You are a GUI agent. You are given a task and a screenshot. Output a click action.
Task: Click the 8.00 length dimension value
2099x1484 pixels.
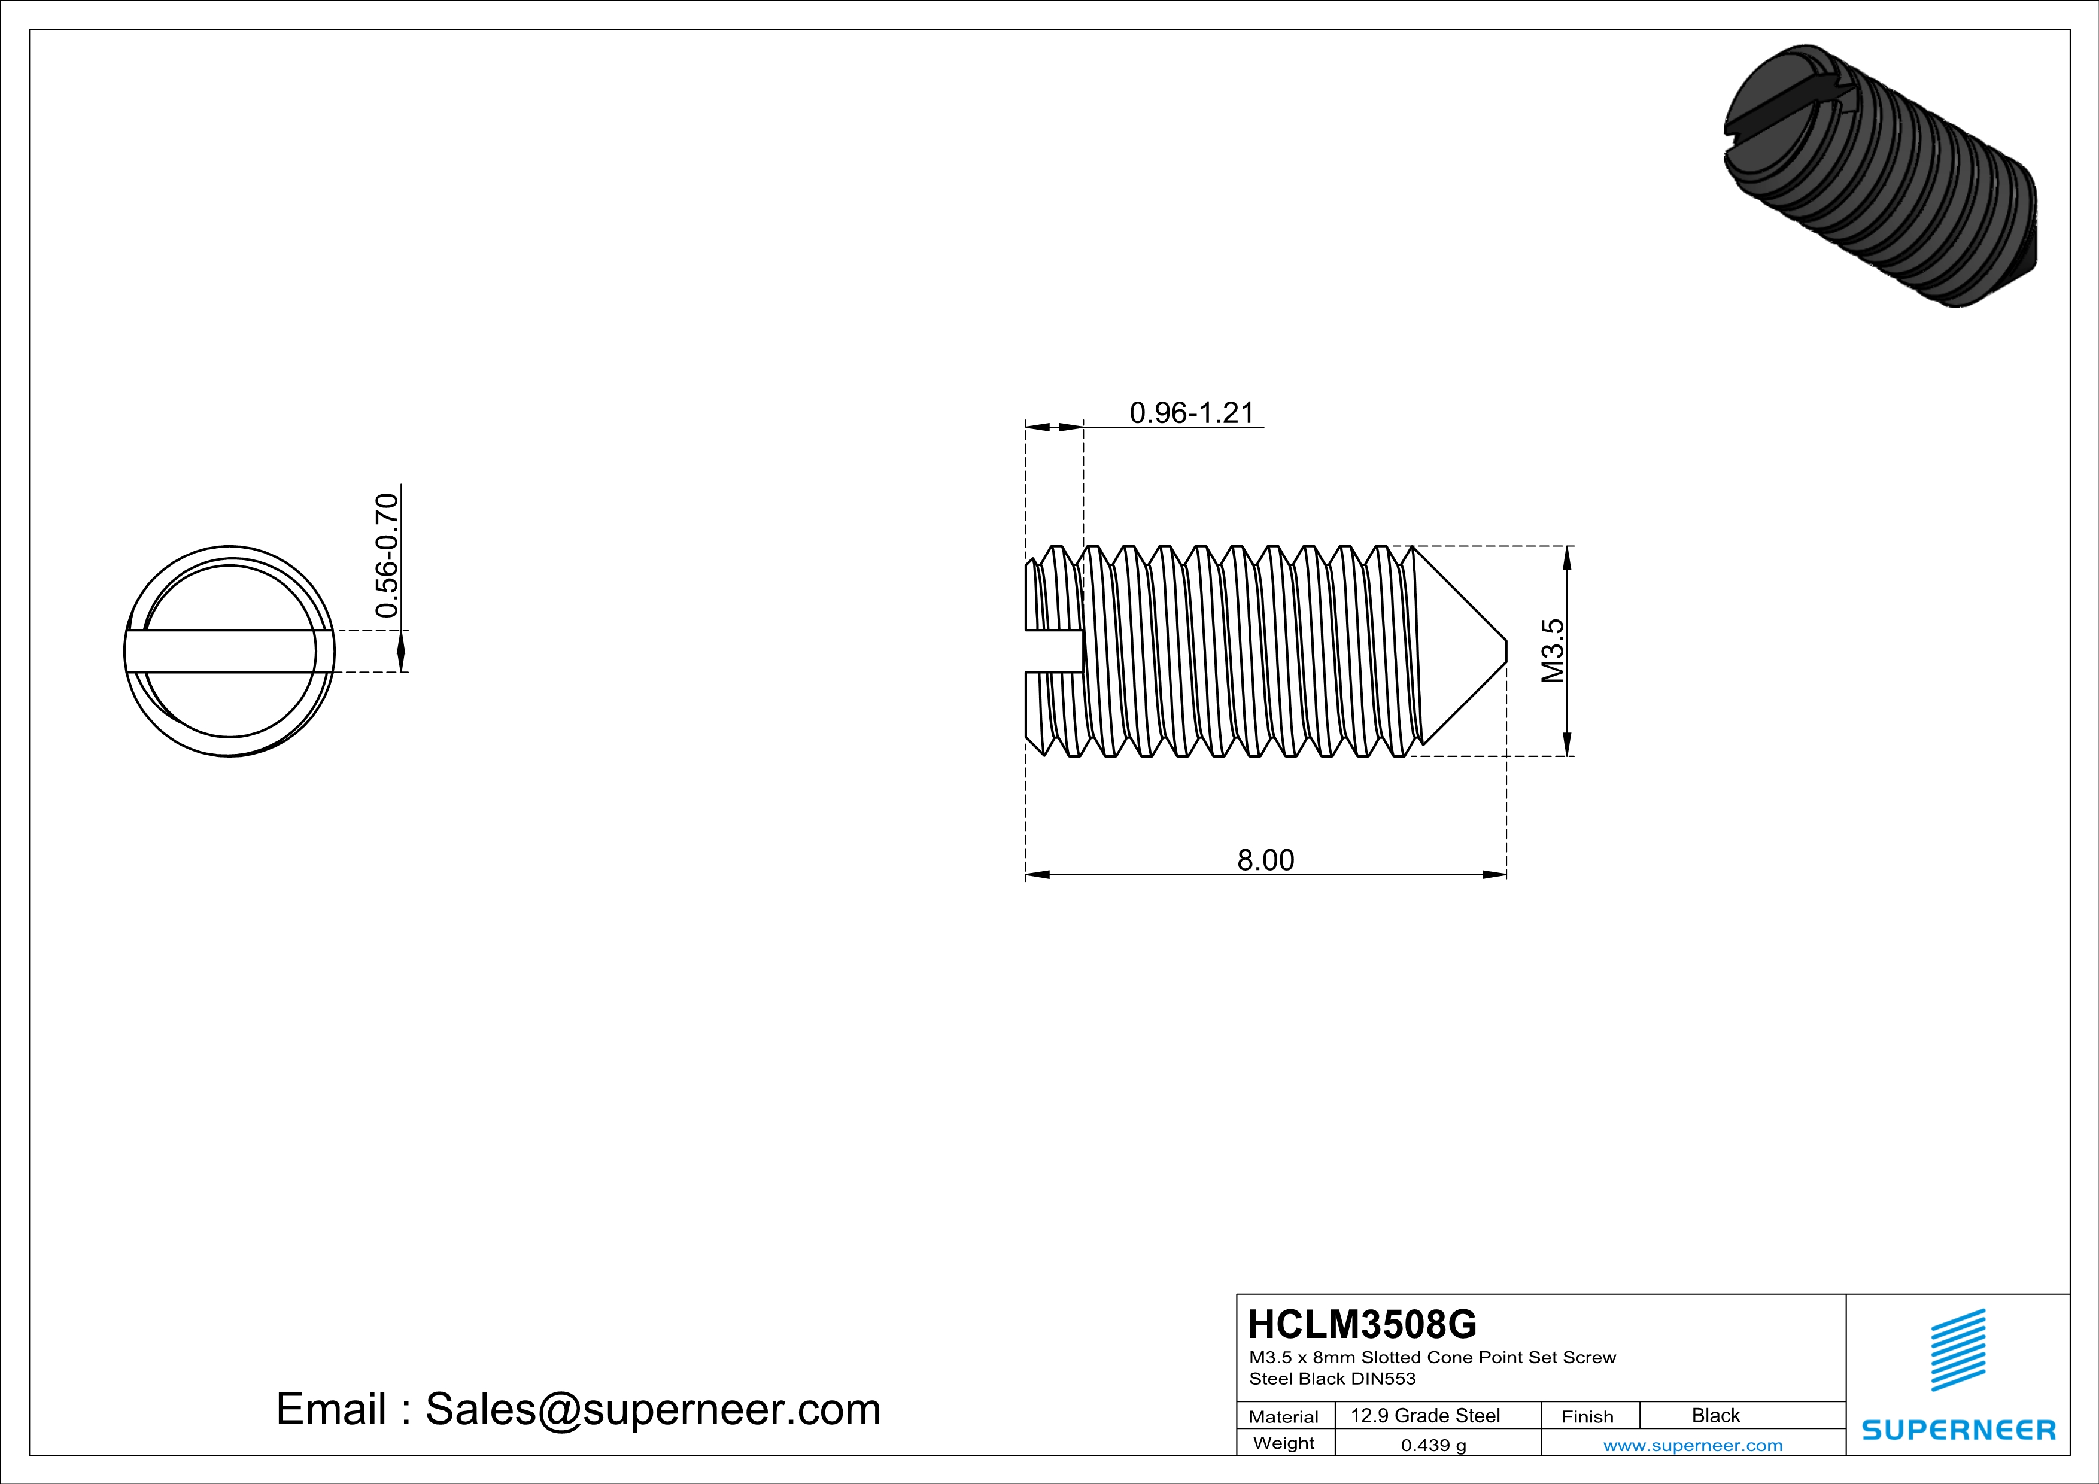click(1265, 860)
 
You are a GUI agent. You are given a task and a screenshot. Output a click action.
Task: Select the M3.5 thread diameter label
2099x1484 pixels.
click(1553, 650)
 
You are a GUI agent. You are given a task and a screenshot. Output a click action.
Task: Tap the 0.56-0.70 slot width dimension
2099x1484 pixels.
click(388, 555)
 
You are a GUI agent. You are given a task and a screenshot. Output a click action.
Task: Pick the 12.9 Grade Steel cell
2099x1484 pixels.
click(1425, 1415)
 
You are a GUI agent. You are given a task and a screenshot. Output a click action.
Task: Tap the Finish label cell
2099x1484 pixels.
click(1587, 1416)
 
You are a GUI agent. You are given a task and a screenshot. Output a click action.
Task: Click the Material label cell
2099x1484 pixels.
click(1284, 1416)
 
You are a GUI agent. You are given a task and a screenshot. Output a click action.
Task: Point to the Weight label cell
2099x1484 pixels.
click(1284, 1443)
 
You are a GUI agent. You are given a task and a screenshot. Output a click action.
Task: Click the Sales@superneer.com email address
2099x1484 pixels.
click(653, 1409)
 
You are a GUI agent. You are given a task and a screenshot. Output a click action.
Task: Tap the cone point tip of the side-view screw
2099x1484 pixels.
click(1502, 650)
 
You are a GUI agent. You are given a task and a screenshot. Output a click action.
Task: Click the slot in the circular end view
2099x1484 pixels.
click(229, 650)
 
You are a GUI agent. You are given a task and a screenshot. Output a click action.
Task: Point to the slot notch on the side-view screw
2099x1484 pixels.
click(1054, 650)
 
